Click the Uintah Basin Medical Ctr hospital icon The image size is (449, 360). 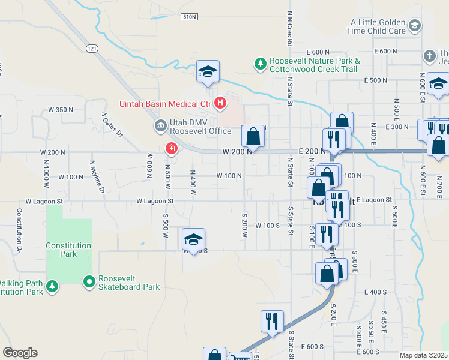tap(220, 104)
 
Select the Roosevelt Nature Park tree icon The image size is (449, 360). tap(260, 64)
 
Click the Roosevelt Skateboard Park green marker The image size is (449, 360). tap(89, 281)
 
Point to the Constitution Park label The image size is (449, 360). tap(68, 250)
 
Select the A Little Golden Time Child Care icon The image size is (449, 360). tap(414, 26)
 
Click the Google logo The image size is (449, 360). tap(20, 353)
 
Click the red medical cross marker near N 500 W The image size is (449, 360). tap(172, 148)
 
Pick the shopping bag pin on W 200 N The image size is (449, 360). tap(253, 136)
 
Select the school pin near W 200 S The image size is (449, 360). tap(193, 239)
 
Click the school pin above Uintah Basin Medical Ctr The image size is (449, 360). tap(208, 72)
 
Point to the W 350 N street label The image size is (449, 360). tap(61, 110)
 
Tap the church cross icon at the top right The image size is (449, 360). tap(429, 56)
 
